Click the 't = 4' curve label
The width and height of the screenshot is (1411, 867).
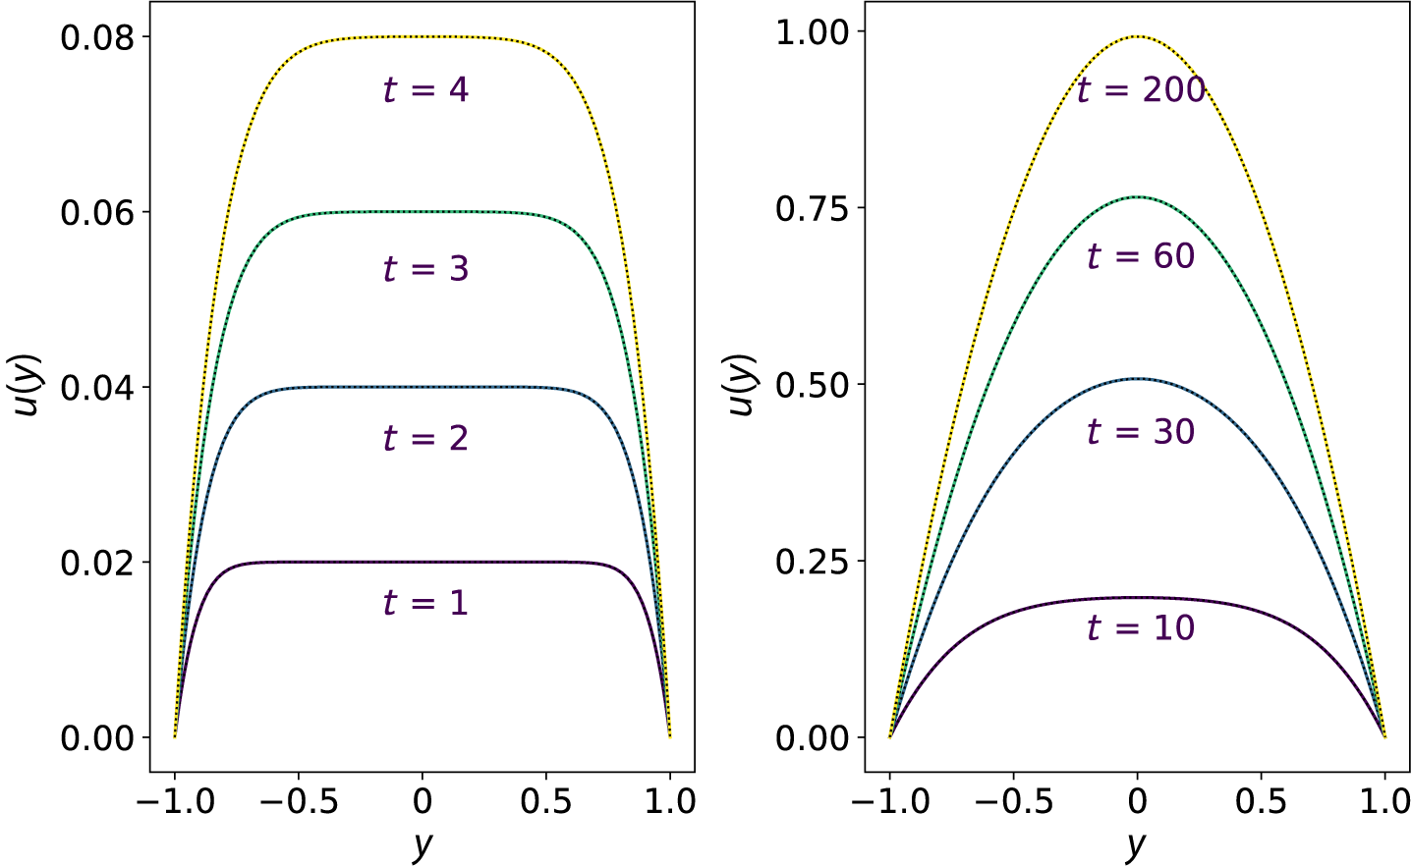pos(425,90)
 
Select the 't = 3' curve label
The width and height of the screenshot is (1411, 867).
pos(425,269)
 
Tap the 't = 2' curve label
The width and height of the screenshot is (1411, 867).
pos(425,438)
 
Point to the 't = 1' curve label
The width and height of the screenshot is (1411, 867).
pos(425,602)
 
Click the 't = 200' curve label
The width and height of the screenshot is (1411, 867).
pos(1141,90)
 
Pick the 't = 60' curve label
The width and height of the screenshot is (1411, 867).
pos(1141,257)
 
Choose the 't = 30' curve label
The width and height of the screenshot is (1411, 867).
pos(1141,432)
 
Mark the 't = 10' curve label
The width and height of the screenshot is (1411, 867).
pos(1141,627)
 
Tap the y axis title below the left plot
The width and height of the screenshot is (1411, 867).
pos(423,844)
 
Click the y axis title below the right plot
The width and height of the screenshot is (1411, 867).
pos(1137,844)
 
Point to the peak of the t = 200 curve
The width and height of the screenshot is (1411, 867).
pos(1137,36)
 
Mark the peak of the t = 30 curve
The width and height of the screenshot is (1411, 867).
pos(1137,378)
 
